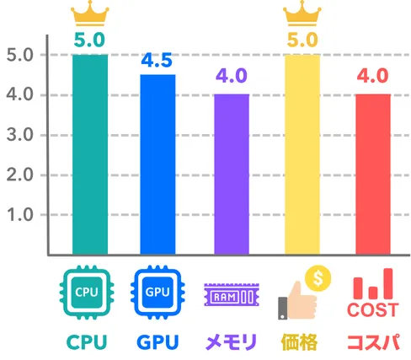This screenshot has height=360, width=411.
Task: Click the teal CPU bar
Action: click(x=90, y=154)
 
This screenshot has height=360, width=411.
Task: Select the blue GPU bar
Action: click(x=157, y=164)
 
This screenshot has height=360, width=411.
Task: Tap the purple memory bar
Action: click(x=232, y=175)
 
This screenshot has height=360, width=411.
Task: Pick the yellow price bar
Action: click(x=302, y=154)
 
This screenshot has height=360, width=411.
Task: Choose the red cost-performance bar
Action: click(x=373, y=175)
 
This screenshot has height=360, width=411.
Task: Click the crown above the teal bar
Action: click(x=90, y=13)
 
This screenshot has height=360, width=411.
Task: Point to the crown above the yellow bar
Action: click(x=302, y=13)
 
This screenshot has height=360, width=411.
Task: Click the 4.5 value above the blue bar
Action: click(x=157, y=61)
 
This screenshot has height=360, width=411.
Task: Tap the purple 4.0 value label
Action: click(x=232, y=76)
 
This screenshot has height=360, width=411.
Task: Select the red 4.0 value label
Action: click(x=373, y=76)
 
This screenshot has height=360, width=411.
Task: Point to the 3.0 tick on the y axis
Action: click(x=20, y=135)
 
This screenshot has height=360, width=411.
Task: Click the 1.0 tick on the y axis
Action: click(x=20, y=215)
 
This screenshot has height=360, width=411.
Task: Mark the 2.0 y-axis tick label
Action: click(x=20, y=175)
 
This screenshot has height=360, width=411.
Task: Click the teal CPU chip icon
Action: click(x=87, y=293)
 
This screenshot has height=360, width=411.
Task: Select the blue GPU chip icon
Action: click(x=157, y=293)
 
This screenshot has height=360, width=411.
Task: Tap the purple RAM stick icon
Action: click(x=232, y=295)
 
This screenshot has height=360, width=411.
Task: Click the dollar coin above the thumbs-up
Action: click(x=318, y=278)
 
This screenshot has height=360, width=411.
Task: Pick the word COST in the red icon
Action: click(x=373, y=310)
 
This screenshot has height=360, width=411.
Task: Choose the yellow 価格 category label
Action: click(x=299, y=342)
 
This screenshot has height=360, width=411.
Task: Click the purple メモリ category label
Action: click(x=232, y=342)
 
